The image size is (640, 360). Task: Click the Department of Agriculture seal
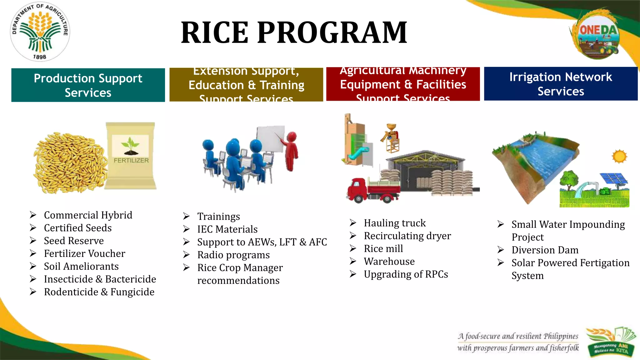coord(40,31)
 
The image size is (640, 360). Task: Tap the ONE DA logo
coord(597,34)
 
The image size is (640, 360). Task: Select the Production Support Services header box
coord(88,85)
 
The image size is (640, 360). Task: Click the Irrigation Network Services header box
coord(561,84)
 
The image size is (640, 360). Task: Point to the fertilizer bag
coord(131,155)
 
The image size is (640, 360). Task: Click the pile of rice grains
coord(70,162)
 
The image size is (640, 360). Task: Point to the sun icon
coord(619,156)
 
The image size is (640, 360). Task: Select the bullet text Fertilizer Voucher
coord(84,253)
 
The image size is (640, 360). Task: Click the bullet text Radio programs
coord(233,255)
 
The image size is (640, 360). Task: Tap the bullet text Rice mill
coord(383,248)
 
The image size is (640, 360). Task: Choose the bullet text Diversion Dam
coord(545,250)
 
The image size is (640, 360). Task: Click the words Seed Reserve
coord(74,241)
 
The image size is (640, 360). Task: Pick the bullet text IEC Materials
coord(227,229)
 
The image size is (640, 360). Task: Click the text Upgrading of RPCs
coord(406,274)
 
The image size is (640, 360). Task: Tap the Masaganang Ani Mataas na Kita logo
coord(611,342)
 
